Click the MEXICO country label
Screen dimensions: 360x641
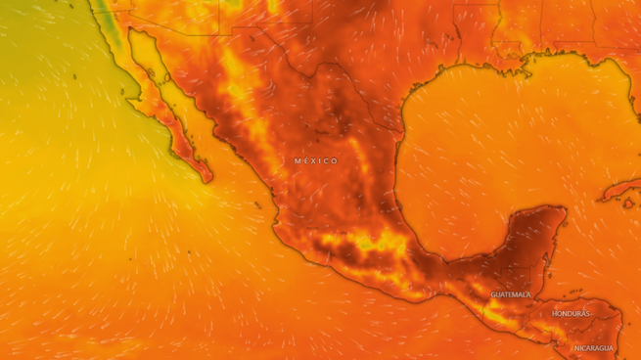(x=315, y=160)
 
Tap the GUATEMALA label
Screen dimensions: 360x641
(x=511, y=294)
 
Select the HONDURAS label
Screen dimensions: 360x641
(x=572, y=314)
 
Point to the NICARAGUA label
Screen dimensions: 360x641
(x=593, y=348)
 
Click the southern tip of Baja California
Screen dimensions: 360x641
(x=208, y=179)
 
